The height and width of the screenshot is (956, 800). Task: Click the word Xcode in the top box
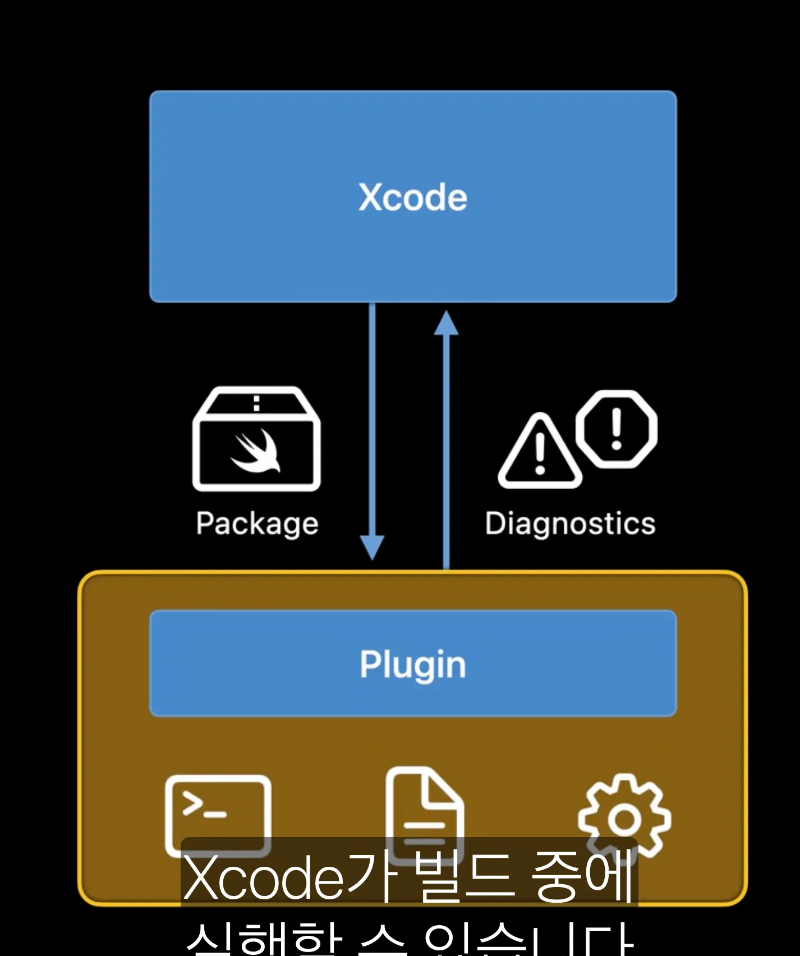tap(413, 197)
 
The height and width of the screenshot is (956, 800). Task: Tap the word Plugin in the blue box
tap(413, 664)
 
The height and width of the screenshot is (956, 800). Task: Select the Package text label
tap(257, 524)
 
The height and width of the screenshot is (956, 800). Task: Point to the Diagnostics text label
tap(570, 524)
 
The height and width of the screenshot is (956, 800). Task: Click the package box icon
tap(256, 439)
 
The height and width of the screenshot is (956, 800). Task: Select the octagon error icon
tap(617, 429)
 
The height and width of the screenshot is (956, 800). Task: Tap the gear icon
tap(624, 819)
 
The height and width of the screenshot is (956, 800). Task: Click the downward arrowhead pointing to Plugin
tap(372, 547)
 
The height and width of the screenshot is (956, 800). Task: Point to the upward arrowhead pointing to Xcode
tap(447, 324)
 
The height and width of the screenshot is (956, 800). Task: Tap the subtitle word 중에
tap(583, 876)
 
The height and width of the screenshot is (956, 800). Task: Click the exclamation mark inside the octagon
tap(617, 429)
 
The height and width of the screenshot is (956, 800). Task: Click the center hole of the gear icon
tap(624, 820)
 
